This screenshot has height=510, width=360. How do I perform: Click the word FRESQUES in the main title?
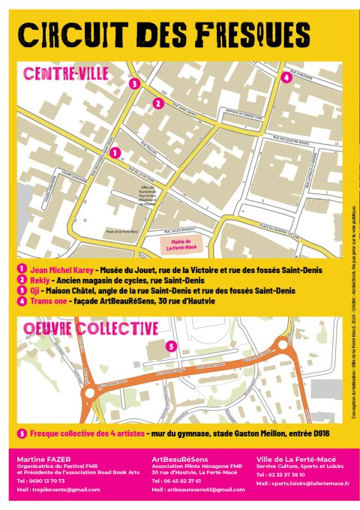(254, 33)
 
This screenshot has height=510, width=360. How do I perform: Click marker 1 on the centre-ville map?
(115, 152)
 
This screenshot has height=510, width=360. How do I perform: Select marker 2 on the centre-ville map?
(157, 103)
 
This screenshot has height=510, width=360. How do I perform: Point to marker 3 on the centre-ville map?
(133, 85)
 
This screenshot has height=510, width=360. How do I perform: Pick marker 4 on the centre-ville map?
(286, 76)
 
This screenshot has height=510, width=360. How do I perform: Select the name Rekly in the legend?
(40, 279)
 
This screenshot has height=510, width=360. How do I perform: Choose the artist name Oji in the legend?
(34, 290)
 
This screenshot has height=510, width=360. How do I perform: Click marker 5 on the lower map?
(170, 346)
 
